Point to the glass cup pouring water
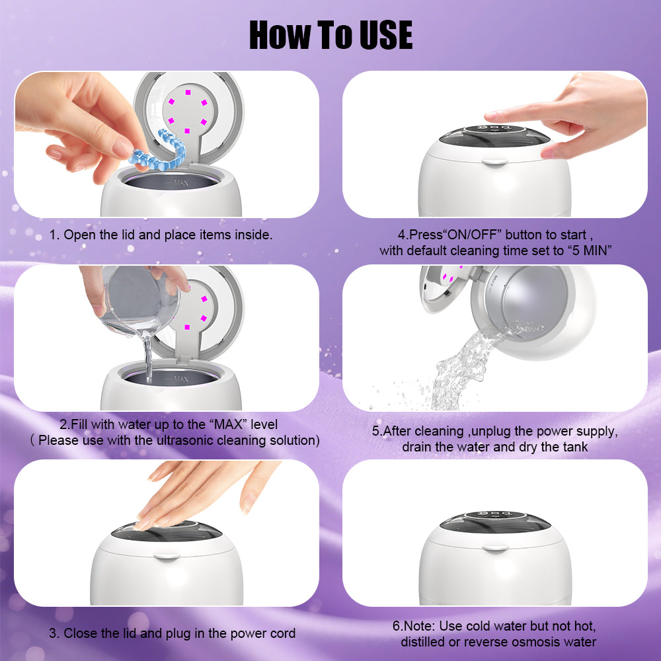click(139, 301)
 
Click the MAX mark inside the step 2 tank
click(178, 379)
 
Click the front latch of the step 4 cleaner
click(495, 161)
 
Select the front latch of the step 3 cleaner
click(167, 556)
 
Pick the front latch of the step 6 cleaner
click(495, 549)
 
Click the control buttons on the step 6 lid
click(494, 515)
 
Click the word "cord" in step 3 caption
click(282, 633)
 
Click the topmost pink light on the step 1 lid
click(188, 92)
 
